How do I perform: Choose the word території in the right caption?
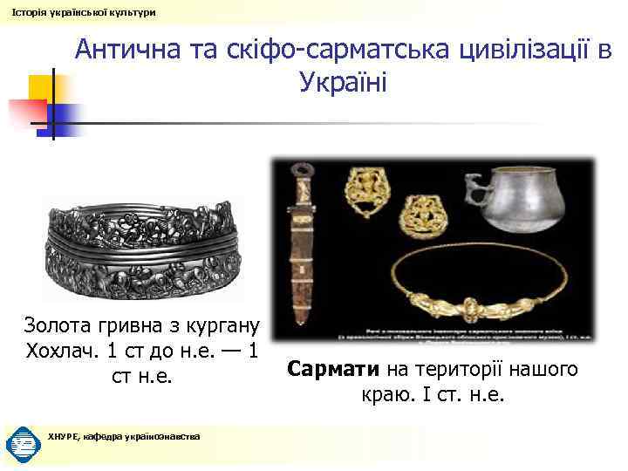[x=456, y=370]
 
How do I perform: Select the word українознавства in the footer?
[x=160, y=436]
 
